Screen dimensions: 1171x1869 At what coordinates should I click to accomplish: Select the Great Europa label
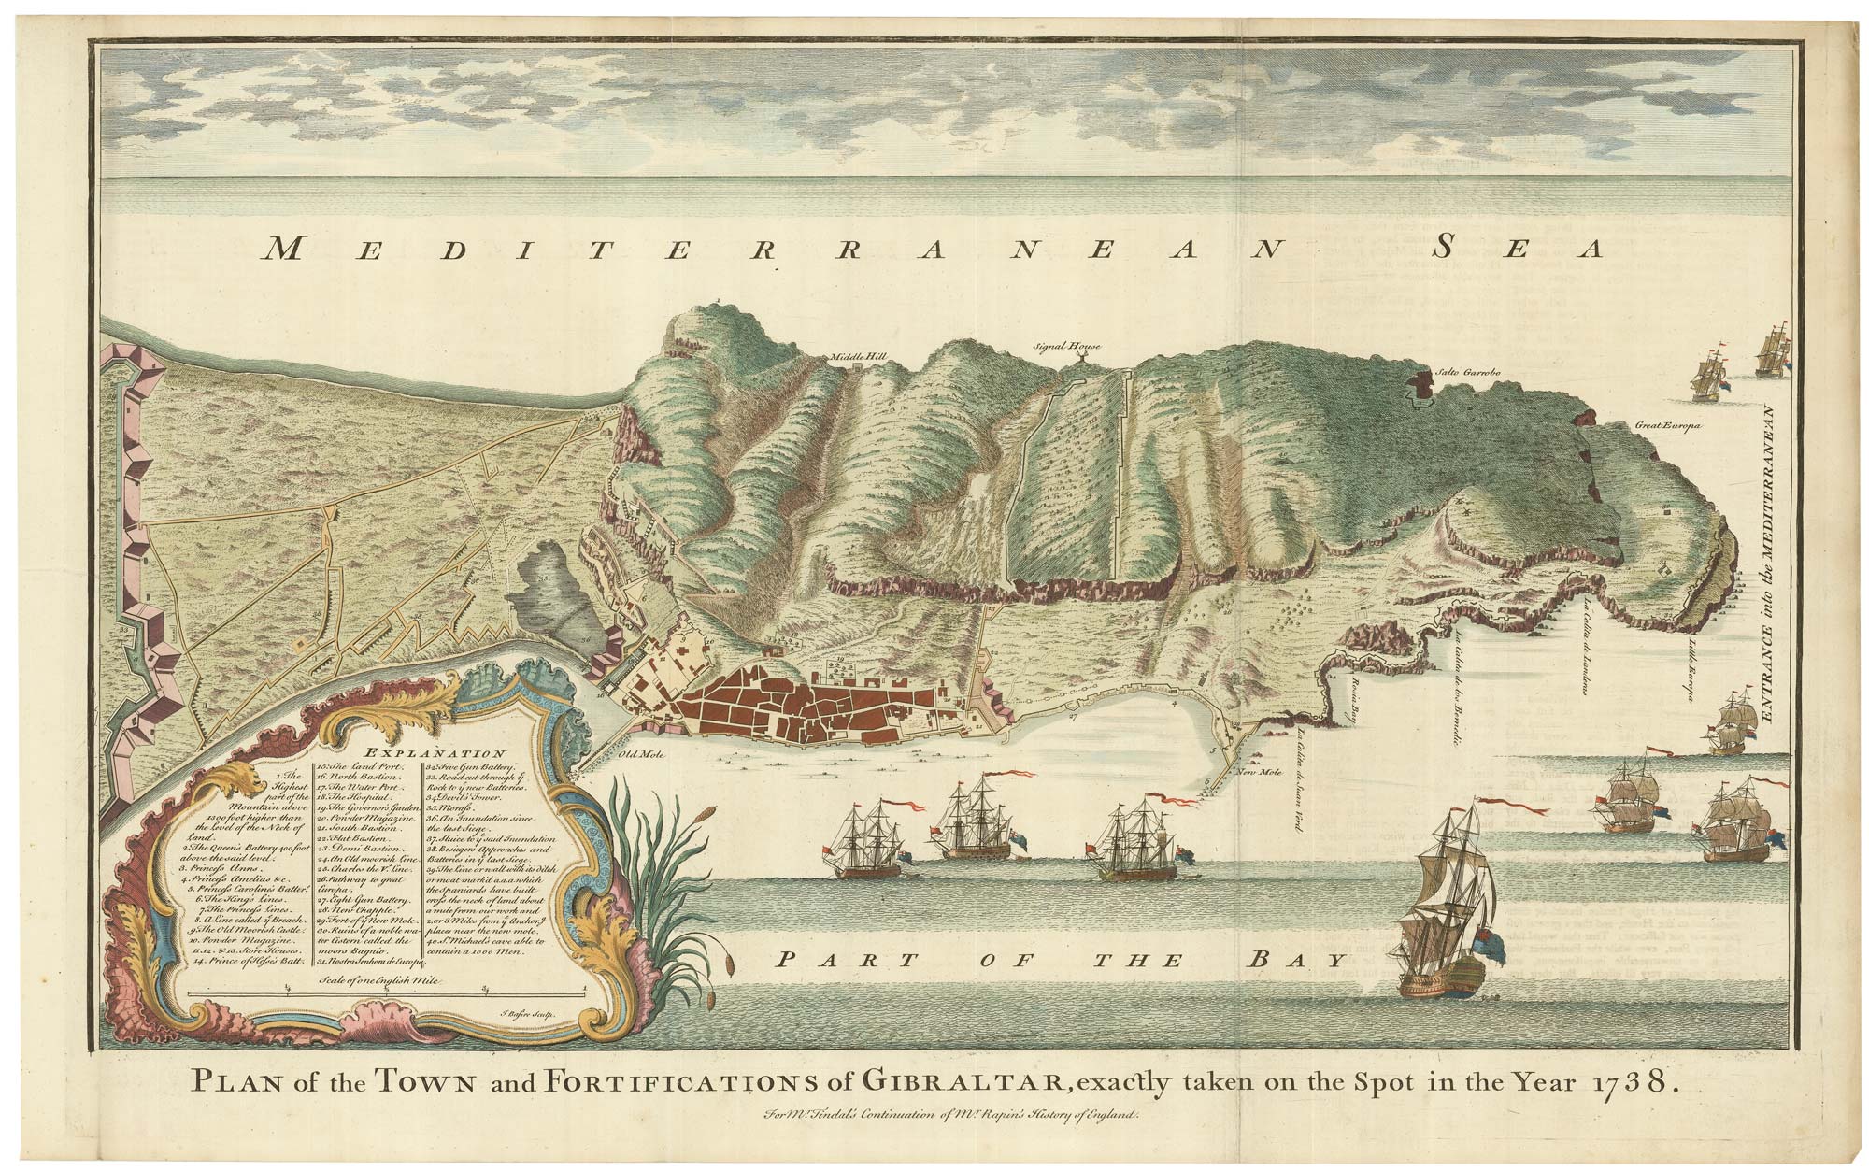click(x=1667, y=426)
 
